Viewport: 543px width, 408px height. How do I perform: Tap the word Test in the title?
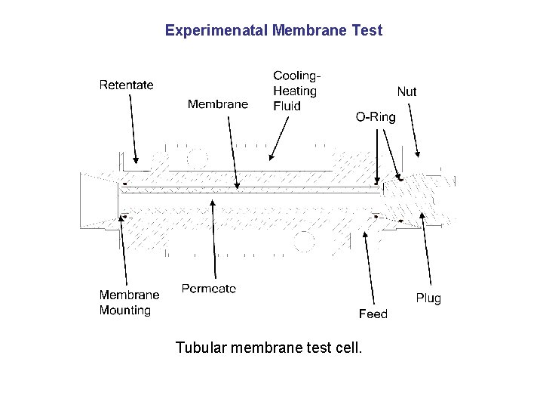pos(367,31)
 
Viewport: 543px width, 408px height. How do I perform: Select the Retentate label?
pos(126,85)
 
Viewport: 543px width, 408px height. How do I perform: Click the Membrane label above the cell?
pos(217,104)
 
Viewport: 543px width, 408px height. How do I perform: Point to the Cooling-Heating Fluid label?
pos(296,91)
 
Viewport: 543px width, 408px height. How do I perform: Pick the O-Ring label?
pos(375,117)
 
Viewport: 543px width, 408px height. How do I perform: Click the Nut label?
pos(406,91)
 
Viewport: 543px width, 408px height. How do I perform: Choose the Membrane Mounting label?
pos(129,302)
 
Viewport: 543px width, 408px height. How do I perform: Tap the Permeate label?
pos(209,288)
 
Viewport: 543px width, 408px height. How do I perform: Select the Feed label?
pos(373,314)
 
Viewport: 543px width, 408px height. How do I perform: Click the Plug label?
pos(428,298)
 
